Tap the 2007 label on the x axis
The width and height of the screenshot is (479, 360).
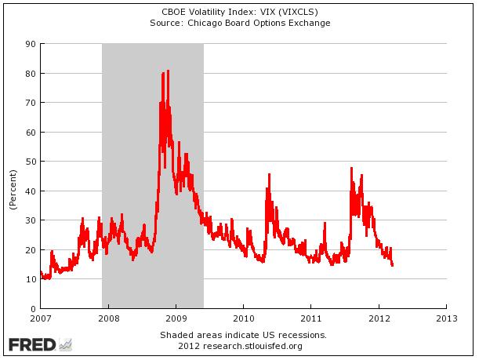(x=40, y=319)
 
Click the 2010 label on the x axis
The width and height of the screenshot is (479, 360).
(x=243, y=319)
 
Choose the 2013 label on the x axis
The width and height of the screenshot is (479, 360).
(x=446, y=319)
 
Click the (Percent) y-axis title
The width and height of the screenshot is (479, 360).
(x=13, y=189)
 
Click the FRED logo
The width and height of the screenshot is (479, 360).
(x=39, y=344)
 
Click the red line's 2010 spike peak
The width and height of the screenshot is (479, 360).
(x=268, y=174)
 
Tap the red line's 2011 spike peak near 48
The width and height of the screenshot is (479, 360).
(x=351, y=168)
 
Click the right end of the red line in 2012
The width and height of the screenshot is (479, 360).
(x=392, y=265)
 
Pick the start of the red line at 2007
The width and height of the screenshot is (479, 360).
(x=40, y=272)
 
